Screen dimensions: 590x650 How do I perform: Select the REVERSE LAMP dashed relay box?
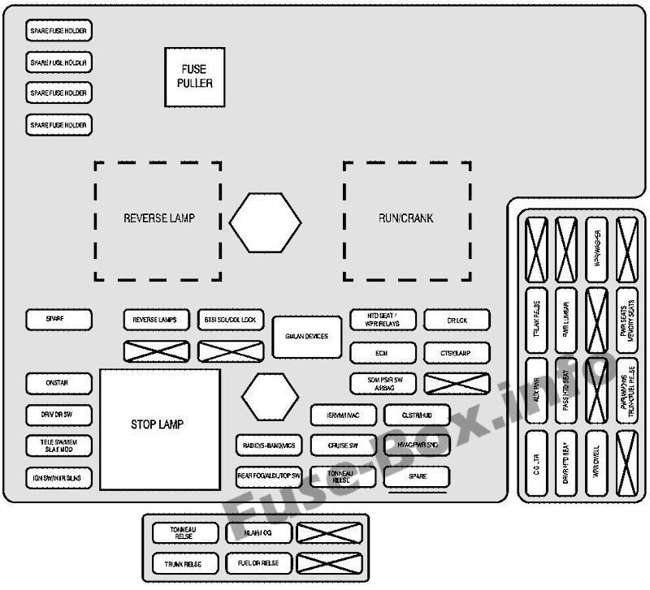coord(158,219)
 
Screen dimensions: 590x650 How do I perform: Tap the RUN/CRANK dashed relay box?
coord(406,219)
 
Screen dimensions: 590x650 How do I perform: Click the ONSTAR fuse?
coord(58,383)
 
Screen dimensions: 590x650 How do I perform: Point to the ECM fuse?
coord(383,353)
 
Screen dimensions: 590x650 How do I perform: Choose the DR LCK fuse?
coord(457,320)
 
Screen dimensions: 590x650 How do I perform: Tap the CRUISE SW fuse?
coord(343,446)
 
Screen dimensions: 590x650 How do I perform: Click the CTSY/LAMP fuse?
coord(457,353)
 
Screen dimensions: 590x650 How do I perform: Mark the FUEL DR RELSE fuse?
coord(258,563)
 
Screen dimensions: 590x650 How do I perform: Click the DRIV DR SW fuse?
coord(58,414)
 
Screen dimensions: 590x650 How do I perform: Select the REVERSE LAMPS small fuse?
coord(156,320)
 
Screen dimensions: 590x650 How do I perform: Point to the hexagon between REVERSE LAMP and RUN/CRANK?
coord(265,221)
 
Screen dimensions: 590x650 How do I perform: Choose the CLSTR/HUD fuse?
coord(416,415)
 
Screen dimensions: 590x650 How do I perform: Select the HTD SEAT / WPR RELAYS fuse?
coord(383,320)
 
